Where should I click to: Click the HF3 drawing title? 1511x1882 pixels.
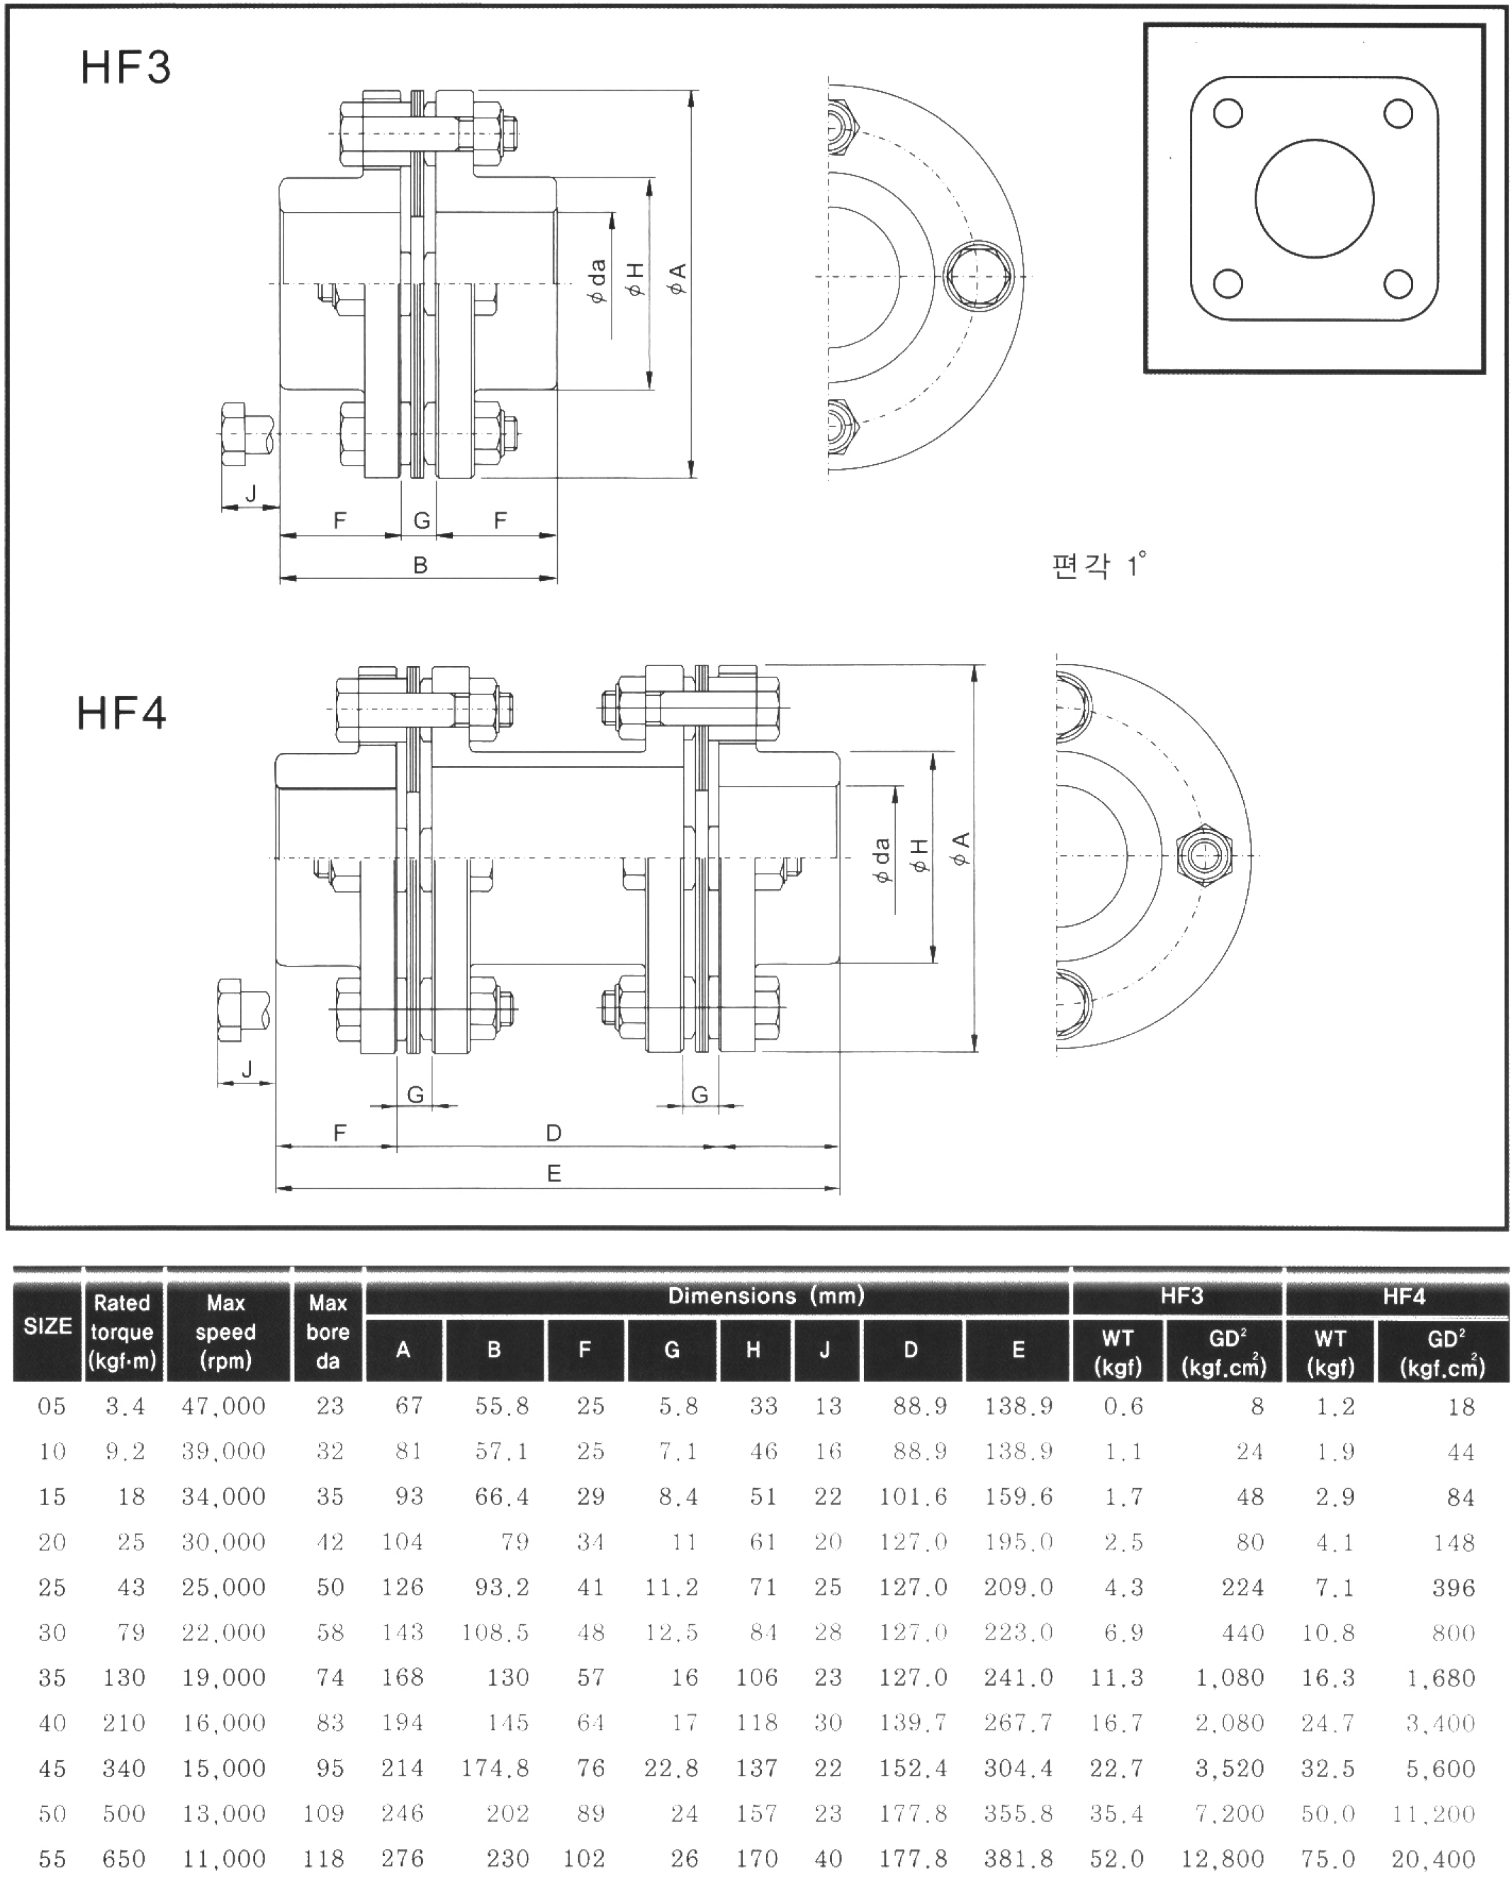point(125,68)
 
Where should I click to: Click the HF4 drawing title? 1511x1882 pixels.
point(121,713)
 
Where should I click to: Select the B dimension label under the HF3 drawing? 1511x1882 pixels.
point(420,565)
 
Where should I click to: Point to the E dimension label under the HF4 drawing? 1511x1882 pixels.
point(554,1174)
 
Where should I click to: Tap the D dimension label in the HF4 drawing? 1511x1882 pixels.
point(554,1133)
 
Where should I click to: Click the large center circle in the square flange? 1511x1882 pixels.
point(1314,199)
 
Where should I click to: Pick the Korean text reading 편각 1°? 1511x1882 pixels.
point(1098,565)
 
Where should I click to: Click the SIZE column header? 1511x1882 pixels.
point(47,1327)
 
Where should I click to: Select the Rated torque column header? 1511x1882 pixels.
point(122,1331)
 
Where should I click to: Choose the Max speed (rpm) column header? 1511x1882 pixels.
point(225,1331)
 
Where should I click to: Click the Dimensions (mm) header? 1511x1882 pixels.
point(765,1296)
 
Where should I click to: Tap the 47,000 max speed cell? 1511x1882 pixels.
point(223,1407)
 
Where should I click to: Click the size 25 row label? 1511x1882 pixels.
point(52,1587)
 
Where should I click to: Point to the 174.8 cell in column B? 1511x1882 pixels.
point(495,1768)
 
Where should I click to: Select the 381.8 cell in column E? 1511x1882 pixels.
point(1018,1859)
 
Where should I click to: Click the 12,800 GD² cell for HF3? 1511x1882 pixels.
point(1223,1859)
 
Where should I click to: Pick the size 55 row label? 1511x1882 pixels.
point(52,1859)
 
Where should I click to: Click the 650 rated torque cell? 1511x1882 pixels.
point(123,1859)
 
